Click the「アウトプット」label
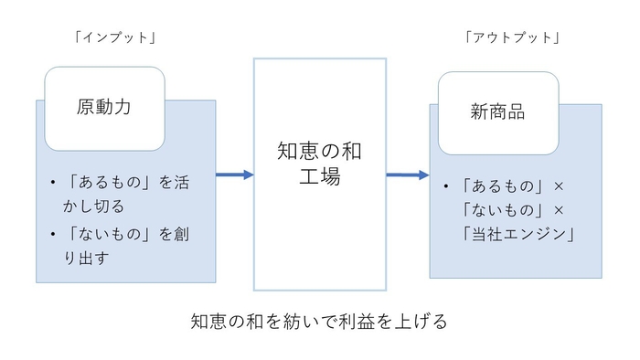tap(512, 37)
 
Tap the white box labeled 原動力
tap(104, 108)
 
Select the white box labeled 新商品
tap(498, 112)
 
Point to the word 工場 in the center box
tap(319, 177)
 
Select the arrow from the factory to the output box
tap(408, 175)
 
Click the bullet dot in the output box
tap(445, 188)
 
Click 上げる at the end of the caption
tap(423, 323)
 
